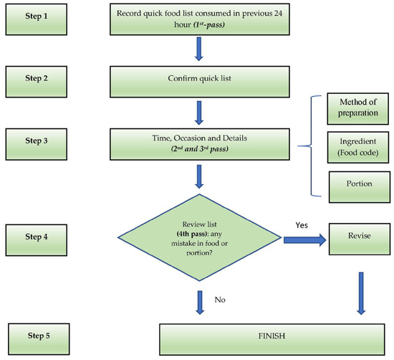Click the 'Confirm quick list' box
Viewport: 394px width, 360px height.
pos(199,80)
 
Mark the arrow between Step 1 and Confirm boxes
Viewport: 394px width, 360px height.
pos(199,49)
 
